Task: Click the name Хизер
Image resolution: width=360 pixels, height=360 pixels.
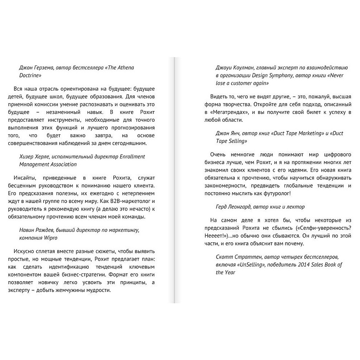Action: [x=27, y=157]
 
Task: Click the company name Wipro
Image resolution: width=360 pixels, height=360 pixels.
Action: [x=50, y=238]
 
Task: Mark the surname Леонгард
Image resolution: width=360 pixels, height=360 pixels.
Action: [x=246, y=207]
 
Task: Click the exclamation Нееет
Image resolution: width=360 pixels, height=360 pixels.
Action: [x=222, y=235]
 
